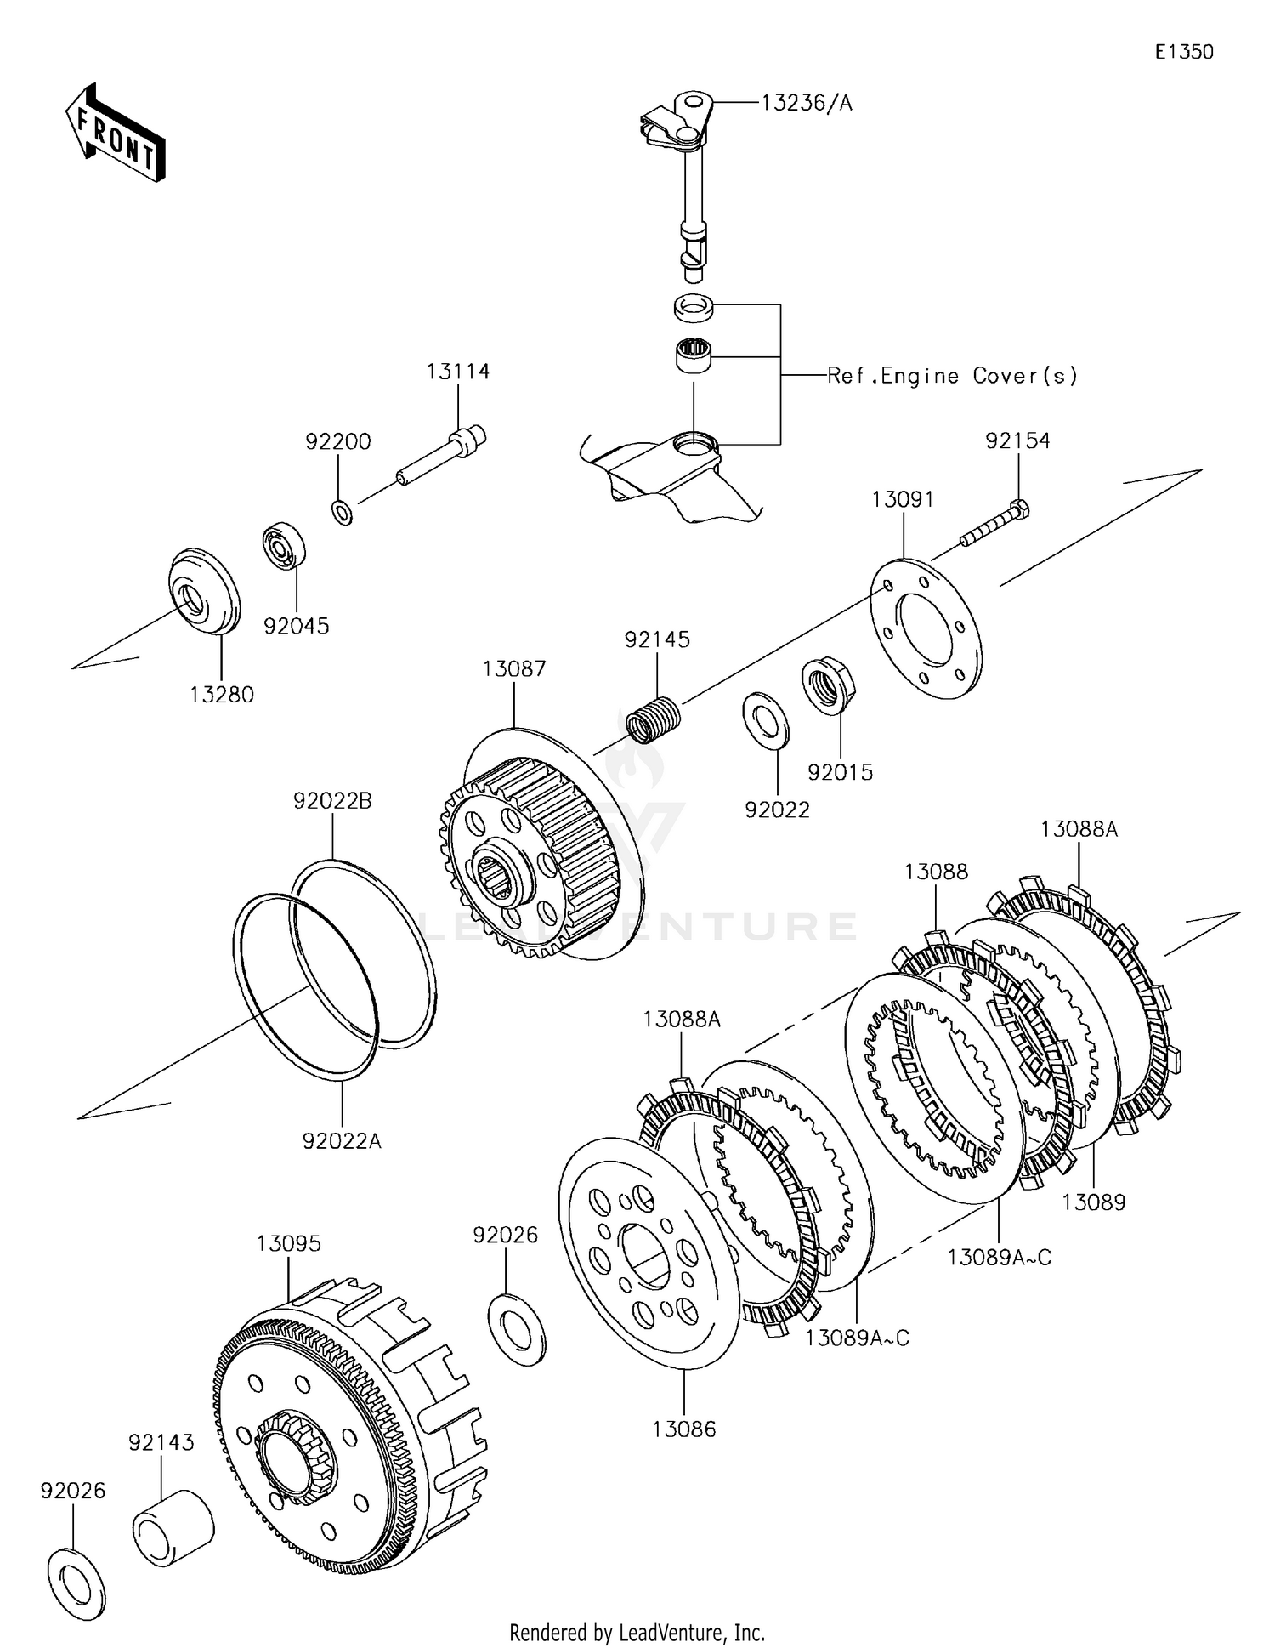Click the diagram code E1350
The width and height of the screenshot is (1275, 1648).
pos(1184,52)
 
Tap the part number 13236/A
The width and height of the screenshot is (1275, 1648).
pos(807,103)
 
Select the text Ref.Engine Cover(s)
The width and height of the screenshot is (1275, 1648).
pos(952,376)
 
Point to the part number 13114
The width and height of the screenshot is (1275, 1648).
pos(458,372)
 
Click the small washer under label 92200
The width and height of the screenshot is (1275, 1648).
pos(343,513)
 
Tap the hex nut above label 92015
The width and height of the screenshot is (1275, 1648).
pos(827,687)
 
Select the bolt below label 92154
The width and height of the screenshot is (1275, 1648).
pos(995,524)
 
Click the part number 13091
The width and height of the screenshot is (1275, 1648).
pos(903,499)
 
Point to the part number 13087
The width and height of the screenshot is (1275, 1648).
pos(514,668)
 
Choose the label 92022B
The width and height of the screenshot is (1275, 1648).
pos(333,800)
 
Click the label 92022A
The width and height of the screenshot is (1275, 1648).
pos(342,1140)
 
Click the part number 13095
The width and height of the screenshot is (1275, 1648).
pos(289,1242)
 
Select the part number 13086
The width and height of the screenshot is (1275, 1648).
pos(684,1429)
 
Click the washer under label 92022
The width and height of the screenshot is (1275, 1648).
pos(766,721)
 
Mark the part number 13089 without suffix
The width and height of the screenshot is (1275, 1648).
pos(1094,1202)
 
